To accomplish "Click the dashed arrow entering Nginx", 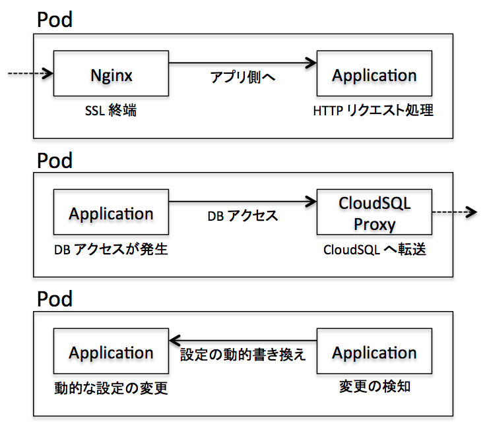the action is click(x=30, y=74).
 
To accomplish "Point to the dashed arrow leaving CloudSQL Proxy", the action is click(x=455, y=212).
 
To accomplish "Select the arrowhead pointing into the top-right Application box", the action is click(x=311, y=63).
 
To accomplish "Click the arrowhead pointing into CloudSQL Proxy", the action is click(x=311, y=202).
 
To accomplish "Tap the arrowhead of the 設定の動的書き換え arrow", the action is click(x=175, y=341).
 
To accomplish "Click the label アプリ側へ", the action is click(x=243, y=77).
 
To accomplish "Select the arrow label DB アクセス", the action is click(x=243, y=216).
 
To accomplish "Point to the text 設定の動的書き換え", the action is click(x=243, y=355).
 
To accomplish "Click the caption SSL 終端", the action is click(x=111, y=111).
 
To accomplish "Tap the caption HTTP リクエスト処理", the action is click(x=373, y=111).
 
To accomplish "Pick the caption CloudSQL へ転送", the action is click(x=375, y=250).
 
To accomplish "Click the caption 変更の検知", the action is click(x=375, y=387).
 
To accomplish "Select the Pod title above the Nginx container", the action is click(x=55, y=20).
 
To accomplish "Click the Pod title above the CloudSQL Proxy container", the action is click(x=55, y=161).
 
